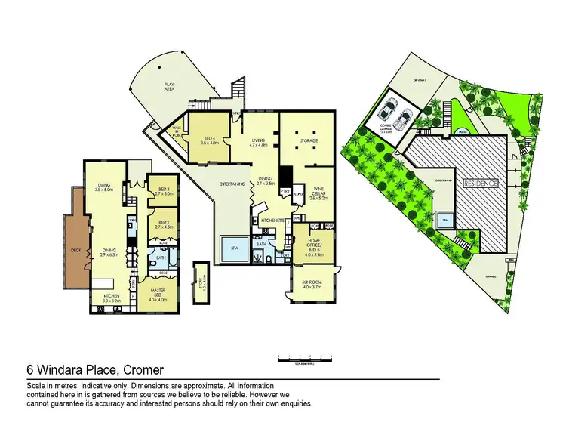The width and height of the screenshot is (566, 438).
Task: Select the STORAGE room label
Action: (309, 141)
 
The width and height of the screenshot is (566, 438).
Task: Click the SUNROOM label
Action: (312, 285)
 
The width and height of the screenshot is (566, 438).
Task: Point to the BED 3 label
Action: (163, 190)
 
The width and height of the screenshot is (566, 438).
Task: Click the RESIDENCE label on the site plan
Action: (480, 183)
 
